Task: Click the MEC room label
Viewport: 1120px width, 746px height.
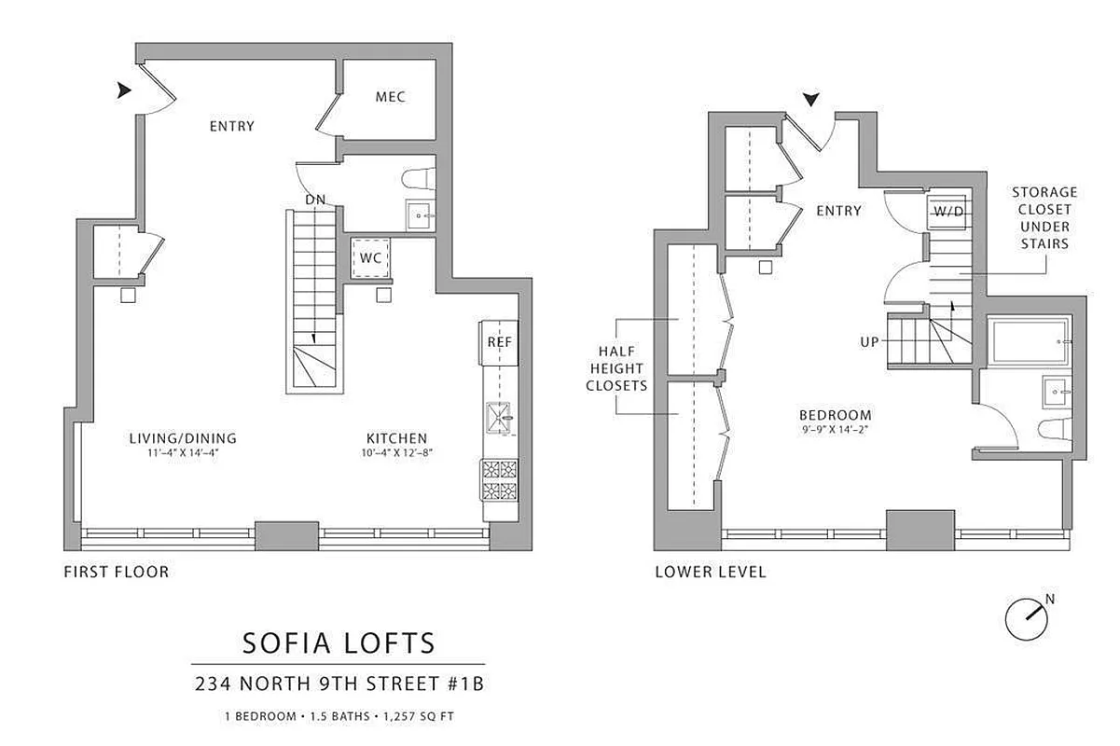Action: click(390, 97)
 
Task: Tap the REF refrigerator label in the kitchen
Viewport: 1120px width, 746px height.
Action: click(499, 342)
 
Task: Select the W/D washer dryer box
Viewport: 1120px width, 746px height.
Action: click(948, 211)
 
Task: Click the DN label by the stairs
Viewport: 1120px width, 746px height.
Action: click(314, 200)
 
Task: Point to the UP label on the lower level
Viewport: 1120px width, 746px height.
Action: click(869, 342)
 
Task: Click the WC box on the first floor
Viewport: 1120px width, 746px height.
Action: click(371, 257)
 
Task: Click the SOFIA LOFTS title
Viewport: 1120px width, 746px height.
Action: click(339, 642)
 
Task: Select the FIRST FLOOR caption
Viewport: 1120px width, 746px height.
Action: click(116, 572)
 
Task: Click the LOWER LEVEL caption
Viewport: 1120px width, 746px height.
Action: click(710, 572)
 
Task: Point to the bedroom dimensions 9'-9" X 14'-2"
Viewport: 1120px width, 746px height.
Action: click(835, 431)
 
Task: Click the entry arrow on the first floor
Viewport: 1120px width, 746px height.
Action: click(124, 90)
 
